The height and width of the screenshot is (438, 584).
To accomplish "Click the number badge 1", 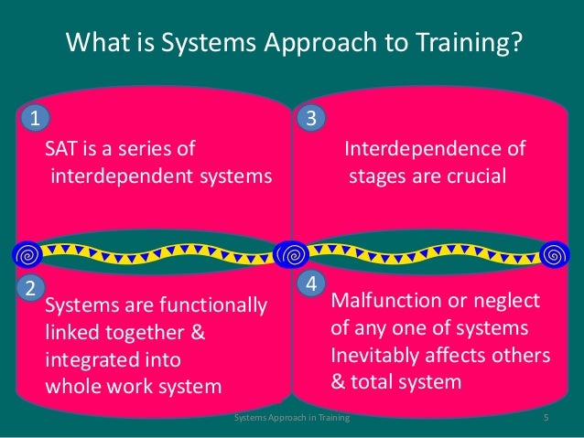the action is tap(35, 118).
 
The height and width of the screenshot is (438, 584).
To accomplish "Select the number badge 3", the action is tap(310, 118).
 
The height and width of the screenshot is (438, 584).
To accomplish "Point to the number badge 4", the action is tap(311, 284).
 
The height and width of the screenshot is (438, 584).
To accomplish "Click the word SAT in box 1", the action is tap(63, 149).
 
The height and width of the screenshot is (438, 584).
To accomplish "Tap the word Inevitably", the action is tap(374, 355).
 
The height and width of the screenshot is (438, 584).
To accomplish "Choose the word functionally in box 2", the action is tap(212, 304).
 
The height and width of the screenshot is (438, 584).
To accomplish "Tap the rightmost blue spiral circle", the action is tap(553, 252).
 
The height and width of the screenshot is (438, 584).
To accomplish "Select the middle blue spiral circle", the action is tap(291, 252).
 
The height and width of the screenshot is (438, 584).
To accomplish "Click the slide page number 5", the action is tap(545, 419).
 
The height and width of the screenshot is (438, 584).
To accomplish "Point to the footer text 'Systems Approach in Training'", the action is tap(292, 419).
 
